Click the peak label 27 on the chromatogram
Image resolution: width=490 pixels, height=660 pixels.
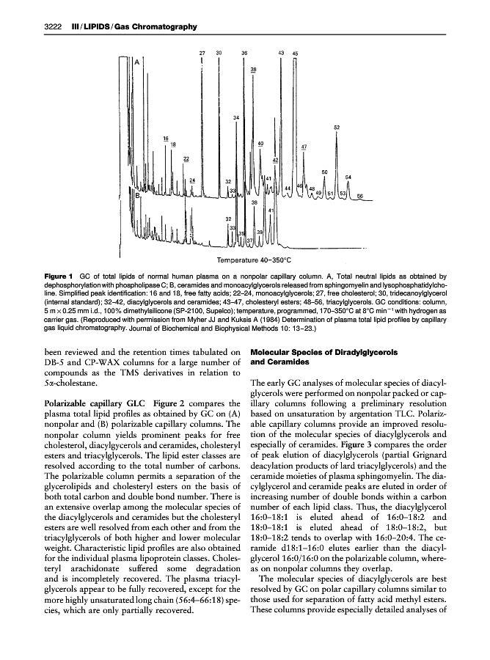202,54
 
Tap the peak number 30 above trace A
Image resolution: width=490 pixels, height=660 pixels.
219,54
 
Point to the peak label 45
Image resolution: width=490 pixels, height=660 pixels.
295,54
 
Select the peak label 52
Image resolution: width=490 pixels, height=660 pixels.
336,127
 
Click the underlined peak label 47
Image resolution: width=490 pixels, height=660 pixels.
304,147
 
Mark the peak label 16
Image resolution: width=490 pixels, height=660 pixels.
166,139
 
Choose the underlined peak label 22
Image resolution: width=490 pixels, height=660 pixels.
186,158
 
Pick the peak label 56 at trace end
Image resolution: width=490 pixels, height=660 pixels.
359,196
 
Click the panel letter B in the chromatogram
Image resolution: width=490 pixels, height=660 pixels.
136,195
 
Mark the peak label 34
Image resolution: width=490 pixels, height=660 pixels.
236,117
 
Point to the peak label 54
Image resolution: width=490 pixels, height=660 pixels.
348,177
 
